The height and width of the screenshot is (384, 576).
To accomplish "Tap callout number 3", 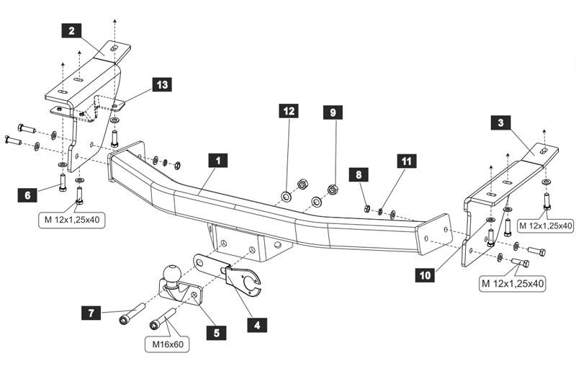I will [500, 123].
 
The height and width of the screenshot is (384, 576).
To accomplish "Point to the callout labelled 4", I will [256, 324].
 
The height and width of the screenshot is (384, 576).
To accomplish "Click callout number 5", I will [215, 332].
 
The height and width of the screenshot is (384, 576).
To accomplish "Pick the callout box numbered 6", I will [27, 195].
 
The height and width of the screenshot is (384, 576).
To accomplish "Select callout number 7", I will [91, 313].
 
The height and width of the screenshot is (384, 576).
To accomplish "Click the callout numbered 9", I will [333, 112].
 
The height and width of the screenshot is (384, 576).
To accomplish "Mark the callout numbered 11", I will [408, 161].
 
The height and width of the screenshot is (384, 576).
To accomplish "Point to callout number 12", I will [289, 111].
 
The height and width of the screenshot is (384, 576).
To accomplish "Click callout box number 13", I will [163, 86].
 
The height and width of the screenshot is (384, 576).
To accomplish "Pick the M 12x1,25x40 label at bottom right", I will [512, 283].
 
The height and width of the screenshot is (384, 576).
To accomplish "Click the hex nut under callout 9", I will [333, 190].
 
